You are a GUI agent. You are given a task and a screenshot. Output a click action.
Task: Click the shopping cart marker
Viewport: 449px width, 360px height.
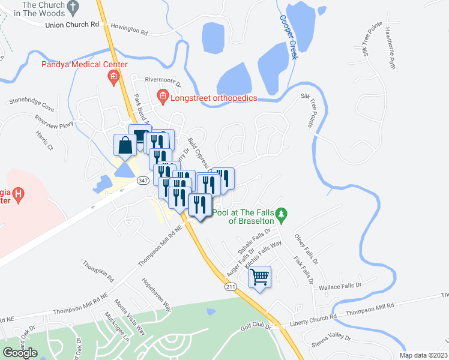click(x=260, y=277)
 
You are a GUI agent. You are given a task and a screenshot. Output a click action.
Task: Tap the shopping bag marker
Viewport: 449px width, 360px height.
click(x=125, y=145)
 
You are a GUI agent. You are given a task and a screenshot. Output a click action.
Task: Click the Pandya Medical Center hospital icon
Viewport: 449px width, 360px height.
click(x=112, y=76)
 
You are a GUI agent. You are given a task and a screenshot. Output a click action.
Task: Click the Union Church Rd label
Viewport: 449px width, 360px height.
click(x=72, y=25)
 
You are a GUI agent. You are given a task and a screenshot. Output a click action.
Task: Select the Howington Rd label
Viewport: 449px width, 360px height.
click(x=128, y=29)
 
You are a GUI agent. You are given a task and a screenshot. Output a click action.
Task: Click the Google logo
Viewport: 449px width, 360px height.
click(x=20, y=353)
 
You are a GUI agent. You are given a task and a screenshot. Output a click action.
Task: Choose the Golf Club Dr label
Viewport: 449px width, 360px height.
click(x=258, y=326)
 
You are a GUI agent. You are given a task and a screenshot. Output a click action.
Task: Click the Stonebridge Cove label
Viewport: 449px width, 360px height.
click(x=31, y=110)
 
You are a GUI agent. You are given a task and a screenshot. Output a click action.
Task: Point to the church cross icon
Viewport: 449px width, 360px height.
click(x=73, y=8)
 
